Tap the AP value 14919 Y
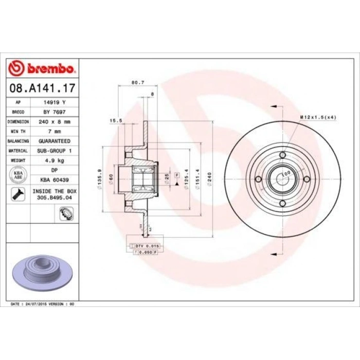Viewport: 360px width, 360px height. (55, 102)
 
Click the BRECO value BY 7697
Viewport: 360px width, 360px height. (55, 112)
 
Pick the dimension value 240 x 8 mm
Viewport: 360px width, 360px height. (55, 121)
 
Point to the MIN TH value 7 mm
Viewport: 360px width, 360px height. (55, 131)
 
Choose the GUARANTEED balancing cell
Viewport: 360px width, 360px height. (55, 141)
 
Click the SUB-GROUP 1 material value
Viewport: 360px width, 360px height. (55, 151)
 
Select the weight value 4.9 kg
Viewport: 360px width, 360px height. (55, 160)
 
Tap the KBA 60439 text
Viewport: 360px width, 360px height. (55, 180)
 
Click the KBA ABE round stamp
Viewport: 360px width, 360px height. (17, 175)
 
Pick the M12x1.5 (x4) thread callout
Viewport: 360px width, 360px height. (317, 117)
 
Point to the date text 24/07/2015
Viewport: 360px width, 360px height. (40, 304)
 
